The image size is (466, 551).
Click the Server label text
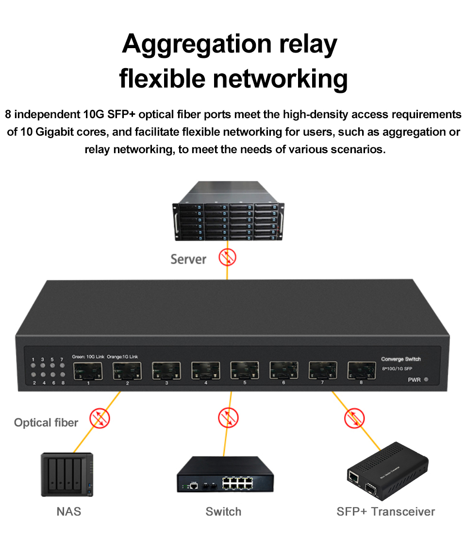point(188,259)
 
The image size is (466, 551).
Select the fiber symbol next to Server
point(227,257)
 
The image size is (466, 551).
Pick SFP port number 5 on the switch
point(245,371)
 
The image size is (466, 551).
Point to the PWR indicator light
point(426,380)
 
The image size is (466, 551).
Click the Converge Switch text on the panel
point(400,359)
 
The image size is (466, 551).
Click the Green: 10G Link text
point(88,357)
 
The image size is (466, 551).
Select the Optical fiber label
point(46,423)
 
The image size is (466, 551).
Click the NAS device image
point(67,475)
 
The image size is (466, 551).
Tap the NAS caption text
point(69,512)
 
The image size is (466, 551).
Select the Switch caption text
point(223,512)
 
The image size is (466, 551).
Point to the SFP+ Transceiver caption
point(385,512)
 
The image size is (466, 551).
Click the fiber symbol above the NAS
point(100,418)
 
